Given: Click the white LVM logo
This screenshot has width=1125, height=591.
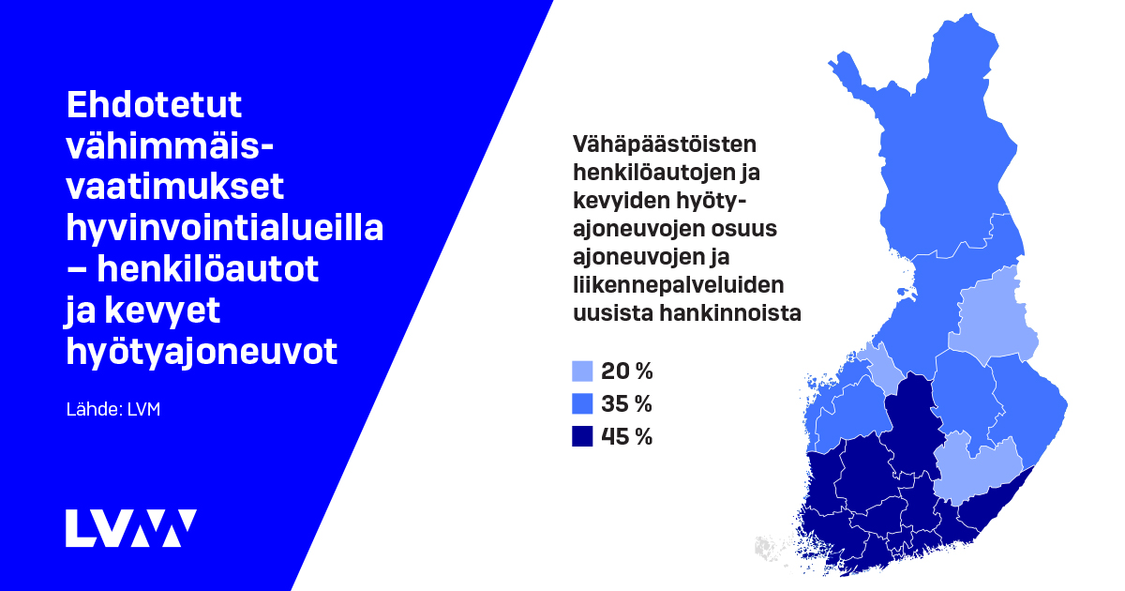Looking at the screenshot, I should coord(130,528).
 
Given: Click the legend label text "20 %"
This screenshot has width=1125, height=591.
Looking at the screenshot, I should coord(626,371).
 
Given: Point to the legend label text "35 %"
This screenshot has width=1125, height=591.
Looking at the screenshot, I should coord(626,404).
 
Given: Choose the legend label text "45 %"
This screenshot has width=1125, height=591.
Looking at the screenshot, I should coord(626,436).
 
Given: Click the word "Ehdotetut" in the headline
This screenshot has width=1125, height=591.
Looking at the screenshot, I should coord(154,105).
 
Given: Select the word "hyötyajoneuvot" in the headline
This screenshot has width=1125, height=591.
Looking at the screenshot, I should coord(201,352).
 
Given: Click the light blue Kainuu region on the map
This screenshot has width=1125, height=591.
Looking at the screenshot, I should coord(992,314).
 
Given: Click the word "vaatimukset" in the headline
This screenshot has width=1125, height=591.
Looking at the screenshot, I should coord(175,188).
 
